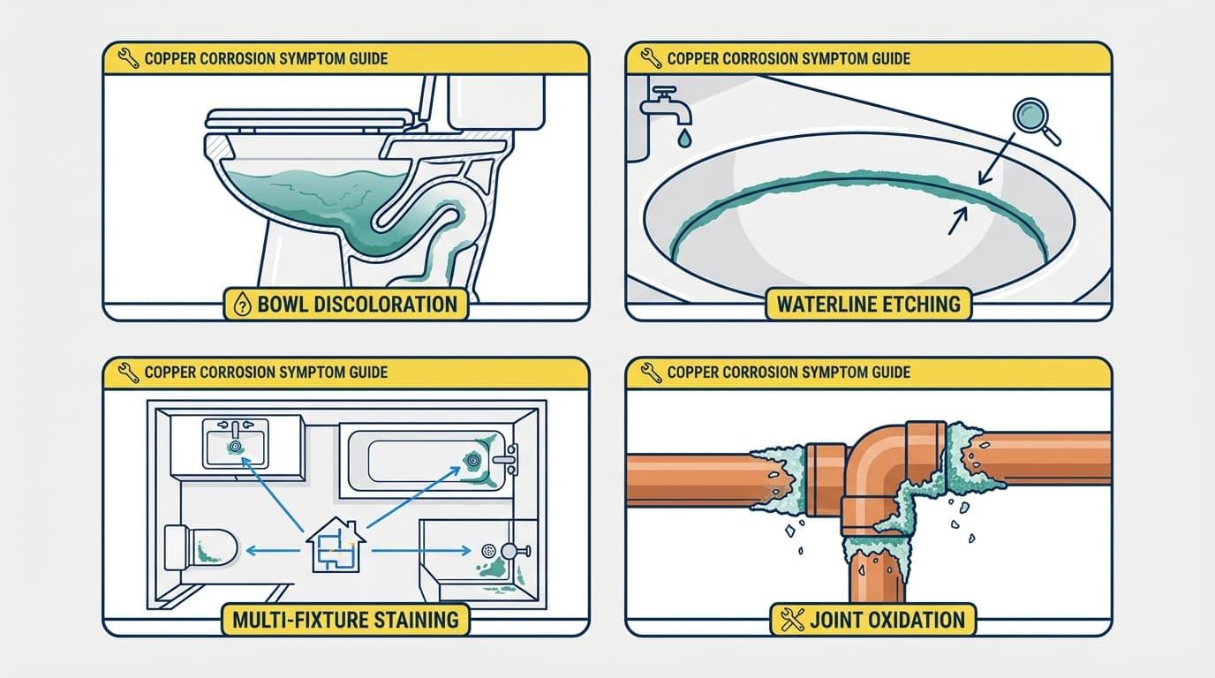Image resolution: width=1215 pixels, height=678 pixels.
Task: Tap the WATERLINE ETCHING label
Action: [x=868, y=305]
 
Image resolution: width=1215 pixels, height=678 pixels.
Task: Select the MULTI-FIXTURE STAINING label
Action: [x=345, y=619]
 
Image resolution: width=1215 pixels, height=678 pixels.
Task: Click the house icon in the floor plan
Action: [x=336, y=546]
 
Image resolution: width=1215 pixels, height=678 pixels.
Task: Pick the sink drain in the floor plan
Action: [x=236, y=447]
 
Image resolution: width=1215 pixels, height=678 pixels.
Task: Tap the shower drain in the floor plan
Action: [x=487, y=550]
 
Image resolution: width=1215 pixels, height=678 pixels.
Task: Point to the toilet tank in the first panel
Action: [x=494, y=102]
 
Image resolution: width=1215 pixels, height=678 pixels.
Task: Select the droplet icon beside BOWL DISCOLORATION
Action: [x=241, y=306]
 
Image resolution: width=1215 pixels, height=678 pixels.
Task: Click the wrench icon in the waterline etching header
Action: [x=651, y=59]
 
